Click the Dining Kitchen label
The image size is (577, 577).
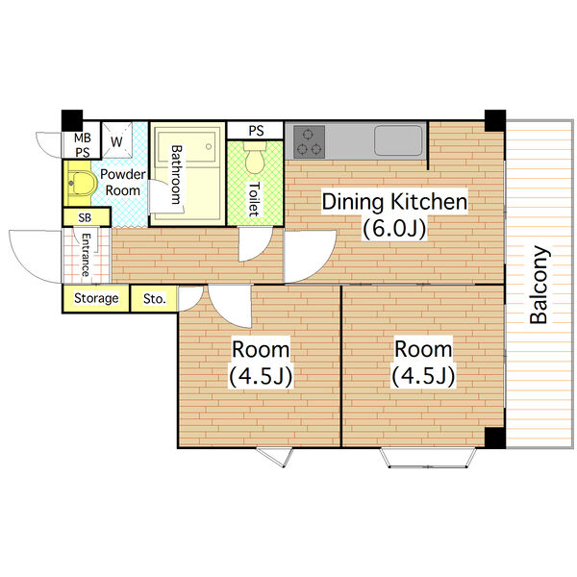tap(394, 202)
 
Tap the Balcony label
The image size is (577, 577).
tap(539, 285)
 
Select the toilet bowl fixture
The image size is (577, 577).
tap(255, 159)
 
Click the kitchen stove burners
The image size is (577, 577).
tap(309, 141)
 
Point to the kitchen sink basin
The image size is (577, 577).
tap(398, 140)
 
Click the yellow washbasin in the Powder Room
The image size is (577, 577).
tap(82, 183)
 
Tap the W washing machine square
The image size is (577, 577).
tap(116, 140)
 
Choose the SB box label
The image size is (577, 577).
tap(85, 218)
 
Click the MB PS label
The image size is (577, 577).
tap(83, 144)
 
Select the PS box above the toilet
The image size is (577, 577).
tap(256, 130)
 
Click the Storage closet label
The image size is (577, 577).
tap(96, 298)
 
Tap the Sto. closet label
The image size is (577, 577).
tap(155, 299)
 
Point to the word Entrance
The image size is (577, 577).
tap(86, 255)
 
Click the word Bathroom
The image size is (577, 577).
tap(177, 175)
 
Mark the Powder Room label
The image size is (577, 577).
tap(122, 183)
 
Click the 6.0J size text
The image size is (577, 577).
tap(394, 229)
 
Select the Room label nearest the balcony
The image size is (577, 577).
tap(423, 349)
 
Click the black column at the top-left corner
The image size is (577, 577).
tap(72, 120)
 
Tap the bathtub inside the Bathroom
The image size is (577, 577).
tap(187, 146)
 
